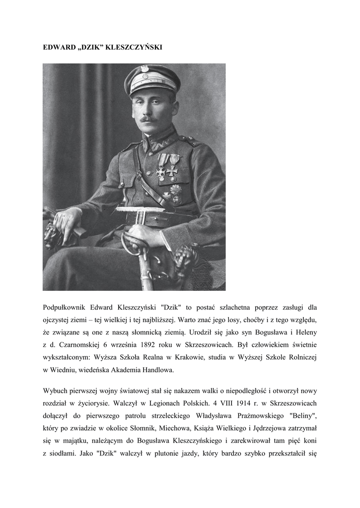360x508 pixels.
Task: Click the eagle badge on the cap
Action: pos(144,68)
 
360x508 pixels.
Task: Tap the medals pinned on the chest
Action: pos(167,166)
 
